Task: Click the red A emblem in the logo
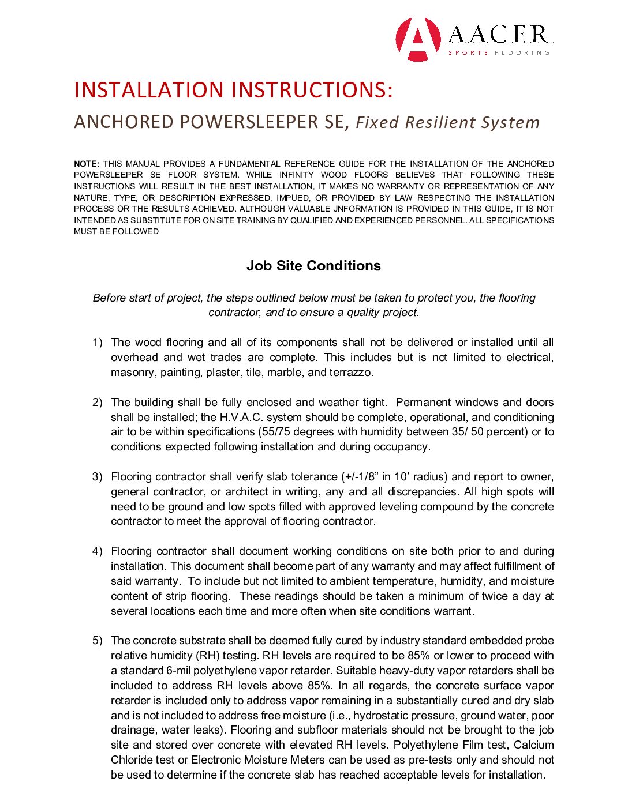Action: point(418,39)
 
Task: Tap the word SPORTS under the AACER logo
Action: point(468,53)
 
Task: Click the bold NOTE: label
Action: point(87,164)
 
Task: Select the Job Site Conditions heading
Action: point(313,266)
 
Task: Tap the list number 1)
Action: point(98,343)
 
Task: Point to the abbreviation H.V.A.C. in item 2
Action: point(241,418)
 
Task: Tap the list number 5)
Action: point(98,641)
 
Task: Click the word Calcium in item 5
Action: point(534,745)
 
